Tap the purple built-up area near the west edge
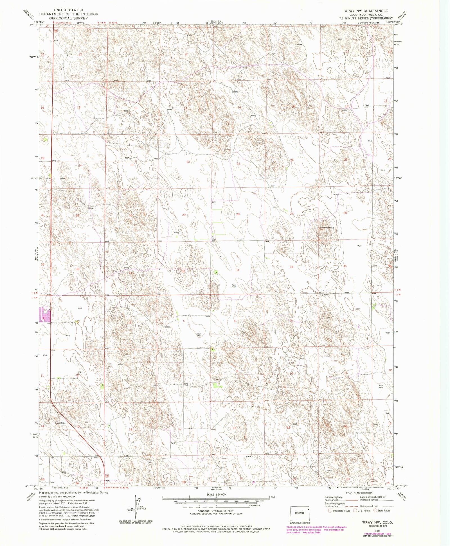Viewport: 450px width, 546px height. point(45,314)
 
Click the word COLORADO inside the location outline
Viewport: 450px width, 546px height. point(300,513)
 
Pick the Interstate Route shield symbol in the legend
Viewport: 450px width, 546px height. point(330,511)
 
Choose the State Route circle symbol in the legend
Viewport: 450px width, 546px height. point(375,511)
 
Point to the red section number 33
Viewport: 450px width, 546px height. point(237,270)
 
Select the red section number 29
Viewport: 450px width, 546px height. point(184,215)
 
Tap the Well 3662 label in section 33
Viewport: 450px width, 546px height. point(233,286)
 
